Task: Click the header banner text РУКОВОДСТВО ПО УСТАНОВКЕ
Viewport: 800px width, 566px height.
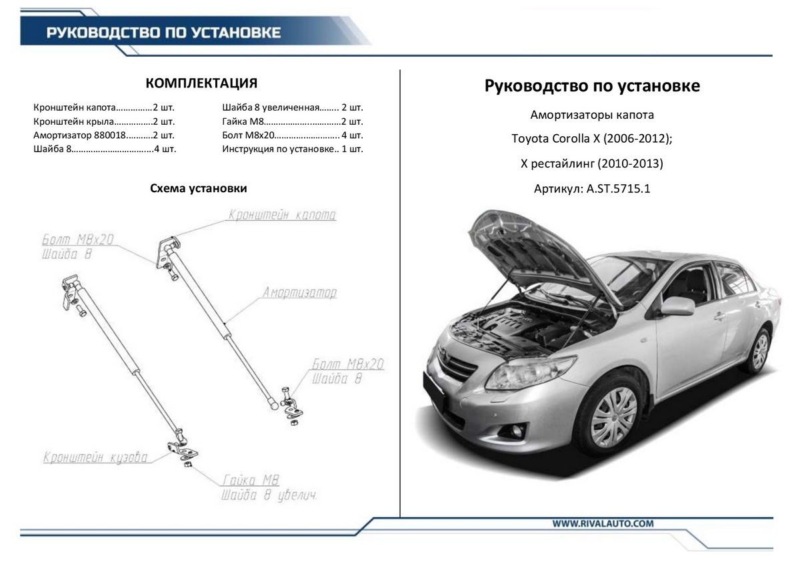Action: point(163,33)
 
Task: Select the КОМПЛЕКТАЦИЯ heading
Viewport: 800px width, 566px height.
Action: point(201,83)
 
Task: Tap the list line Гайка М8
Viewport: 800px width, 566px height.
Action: point(292,121)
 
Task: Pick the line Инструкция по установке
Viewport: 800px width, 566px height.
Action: point(292,149)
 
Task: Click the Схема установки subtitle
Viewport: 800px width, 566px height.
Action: point(199,189)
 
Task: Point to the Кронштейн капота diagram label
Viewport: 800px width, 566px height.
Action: point(282,216)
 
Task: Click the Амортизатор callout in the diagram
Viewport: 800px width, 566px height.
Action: point(299,293)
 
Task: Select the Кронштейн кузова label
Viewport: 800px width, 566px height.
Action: point(95,459)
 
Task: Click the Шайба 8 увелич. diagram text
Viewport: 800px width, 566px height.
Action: point(268,496)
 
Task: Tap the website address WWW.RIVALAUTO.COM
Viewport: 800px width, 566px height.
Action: point(602,524)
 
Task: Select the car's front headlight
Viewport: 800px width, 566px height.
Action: point(529,372)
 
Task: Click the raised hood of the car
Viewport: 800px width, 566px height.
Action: point(527,247)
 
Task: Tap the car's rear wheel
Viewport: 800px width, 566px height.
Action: point(759,351)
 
